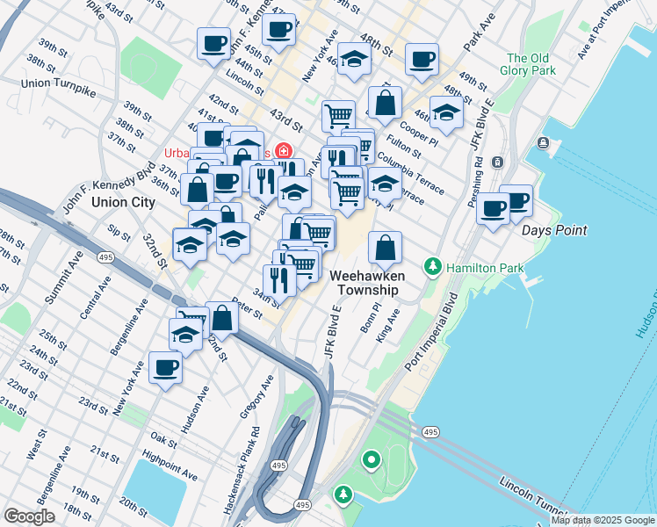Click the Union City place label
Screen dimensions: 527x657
pyautogui.click(x=123, y=202)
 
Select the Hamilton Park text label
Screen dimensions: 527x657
pyautogui.click(x=484, y=268)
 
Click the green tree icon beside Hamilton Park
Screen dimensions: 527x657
pyautogui.click(x=432, y=265)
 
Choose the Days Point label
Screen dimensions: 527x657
pyautogui.click(x=553, y=230)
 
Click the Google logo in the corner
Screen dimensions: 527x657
pyautogui.click(x=29, y=516)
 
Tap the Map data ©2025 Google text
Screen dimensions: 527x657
pyautogui.click(x=603, y=520)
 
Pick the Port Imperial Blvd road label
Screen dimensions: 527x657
pyautogui.click(x=432, y=336)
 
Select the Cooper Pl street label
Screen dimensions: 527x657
pyautogui.click(x=422, y=134)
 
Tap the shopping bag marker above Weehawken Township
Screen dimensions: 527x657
pyautogui.click(x=385, y=248)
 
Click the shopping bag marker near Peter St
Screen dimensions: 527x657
pyautogui.click(x=222, y=318)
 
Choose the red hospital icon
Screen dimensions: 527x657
pyautogui.click(x=283, y=149)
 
